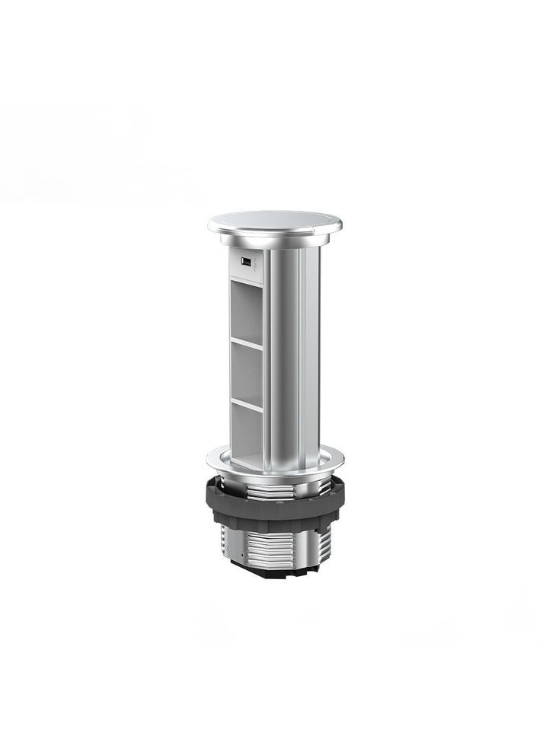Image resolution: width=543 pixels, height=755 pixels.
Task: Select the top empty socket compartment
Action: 245,310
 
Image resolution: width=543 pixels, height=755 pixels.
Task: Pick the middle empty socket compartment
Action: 245,371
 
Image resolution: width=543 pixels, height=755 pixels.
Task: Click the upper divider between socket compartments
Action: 245,342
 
